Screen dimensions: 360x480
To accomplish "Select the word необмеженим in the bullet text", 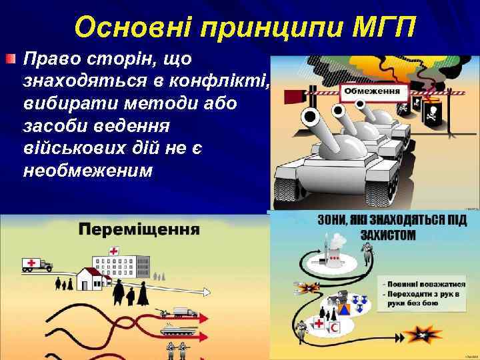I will tap(87, 171).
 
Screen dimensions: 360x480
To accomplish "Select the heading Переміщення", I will tap(140, 230).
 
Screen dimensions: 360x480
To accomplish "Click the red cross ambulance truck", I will tap(37, 265).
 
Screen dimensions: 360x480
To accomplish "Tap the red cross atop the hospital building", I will tap(114, 251).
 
